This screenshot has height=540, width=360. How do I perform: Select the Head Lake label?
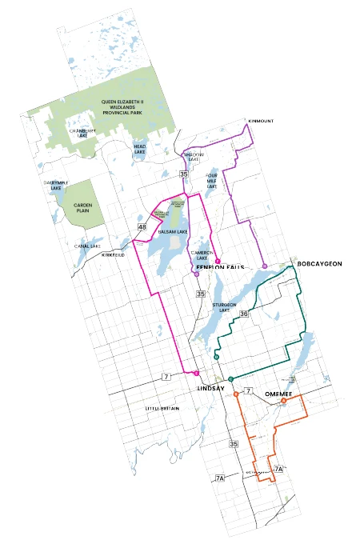point(140,150)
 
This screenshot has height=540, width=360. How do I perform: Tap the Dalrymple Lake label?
point(52,186)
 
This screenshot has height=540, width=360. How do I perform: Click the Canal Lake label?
point(87,246)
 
